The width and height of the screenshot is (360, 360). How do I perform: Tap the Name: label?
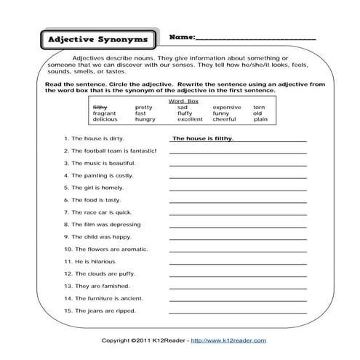pyautogui.click(x=182, y=36)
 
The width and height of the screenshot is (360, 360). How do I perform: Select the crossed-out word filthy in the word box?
pyautogui.click(x=101, y=107)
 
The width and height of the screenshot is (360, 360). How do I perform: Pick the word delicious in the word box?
pyautogui.click(x=105, y=119)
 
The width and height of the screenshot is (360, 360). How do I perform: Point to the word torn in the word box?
pyautogui.click(x=259, y=107)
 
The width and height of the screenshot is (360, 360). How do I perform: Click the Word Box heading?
pyautogui.click(x=182, y=100)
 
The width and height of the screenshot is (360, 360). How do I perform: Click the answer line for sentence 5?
pyautogui.click(x=238, y=189)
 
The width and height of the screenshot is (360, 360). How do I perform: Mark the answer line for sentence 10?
pyautogui.click(x=238, y=250)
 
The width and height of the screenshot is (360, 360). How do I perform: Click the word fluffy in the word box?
pyautogui.click(x=184, y=113)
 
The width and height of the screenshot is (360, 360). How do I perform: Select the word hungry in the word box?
pyautogui.click(x=145, y=119)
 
